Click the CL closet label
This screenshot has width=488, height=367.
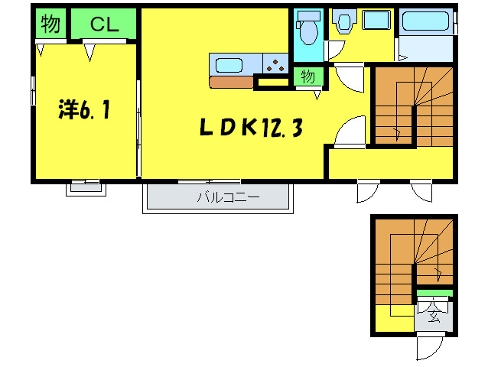pyautogui.click(x=104, y=24)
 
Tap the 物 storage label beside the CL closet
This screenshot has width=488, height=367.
pyautogui.click(x=50, y=24)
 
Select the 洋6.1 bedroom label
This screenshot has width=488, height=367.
pyautogui.click(x=84, y=111)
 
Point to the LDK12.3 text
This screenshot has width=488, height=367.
pyautogui.click(x=249, y=128)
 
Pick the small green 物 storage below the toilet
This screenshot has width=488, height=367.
pyautogui.click(x=308, y=76)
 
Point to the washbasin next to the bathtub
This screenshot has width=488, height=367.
pyautogui.click(x=376, y=21)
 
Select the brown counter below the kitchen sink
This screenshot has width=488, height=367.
pyautogui.click(x=231, y=82)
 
